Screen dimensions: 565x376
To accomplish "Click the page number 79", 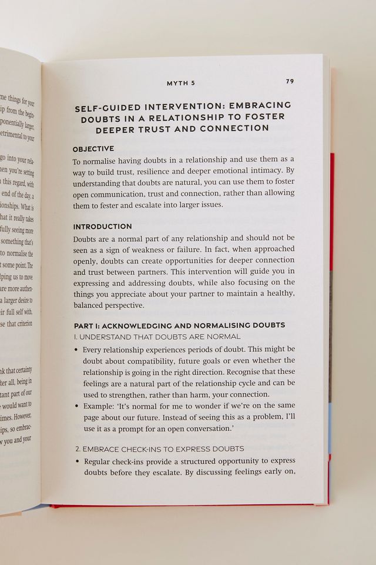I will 290,81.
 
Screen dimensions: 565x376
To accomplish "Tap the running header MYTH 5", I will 181,83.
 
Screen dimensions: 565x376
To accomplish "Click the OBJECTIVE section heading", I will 93,148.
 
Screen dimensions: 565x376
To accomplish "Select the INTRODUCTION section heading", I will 102,227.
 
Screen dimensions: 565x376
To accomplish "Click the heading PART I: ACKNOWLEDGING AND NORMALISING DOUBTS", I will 179,325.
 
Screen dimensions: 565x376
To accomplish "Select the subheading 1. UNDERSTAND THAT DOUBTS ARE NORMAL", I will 157,337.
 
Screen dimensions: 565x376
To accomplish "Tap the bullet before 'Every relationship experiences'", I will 77,350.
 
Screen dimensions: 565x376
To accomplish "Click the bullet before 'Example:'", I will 77,406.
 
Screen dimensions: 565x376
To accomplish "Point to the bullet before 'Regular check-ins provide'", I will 77,461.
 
